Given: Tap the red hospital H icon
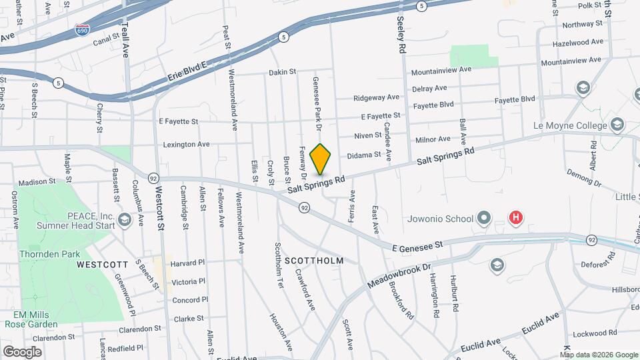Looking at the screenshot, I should pyautogui.click(x=515, y=217).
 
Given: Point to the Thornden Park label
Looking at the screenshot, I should pyautogui.click(x=49, y=253).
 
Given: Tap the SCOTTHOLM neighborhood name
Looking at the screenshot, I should pyautogui.click(x=313, y=261).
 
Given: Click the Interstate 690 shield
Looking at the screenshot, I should pyautogui.click(x=81, y=31).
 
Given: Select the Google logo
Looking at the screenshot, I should pyautogui.click(x=22, y=351).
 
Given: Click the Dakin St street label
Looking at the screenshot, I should pyautogui.click(x=282, y=72).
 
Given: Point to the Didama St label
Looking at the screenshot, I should pyautogui.click(x=364, y=155).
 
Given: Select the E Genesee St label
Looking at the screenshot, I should pyautogui.click(x=417, y=247).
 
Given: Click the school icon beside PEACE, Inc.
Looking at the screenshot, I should pyautogui.click(x=124, y=220).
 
